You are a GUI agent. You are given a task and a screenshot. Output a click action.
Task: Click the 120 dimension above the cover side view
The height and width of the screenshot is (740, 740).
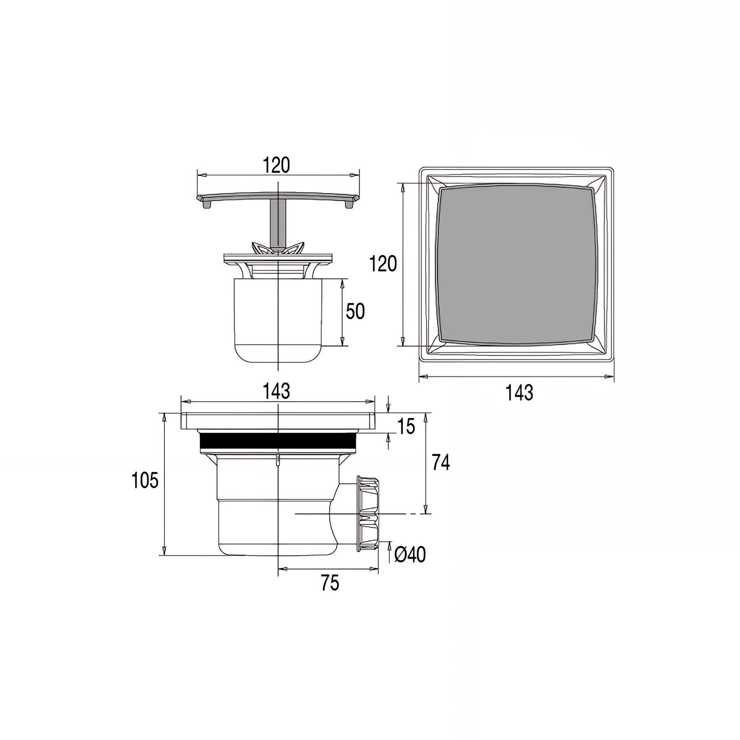click(x=277, y=165)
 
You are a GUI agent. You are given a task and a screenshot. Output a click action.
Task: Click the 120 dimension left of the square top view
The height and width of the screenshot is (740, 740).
click(x=383, y=264)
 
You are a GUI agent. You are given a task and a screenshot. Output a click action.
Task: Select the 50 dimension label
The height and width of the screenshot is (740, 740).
click(x=355, y=312)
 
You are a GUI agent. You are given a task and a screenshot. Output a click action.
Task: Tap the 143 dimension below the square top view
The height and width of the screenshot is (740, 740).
click(x=520, y=393)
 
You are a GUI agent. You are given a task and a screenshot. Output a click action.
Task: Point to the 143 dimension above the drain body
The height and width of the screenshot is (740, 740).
click(x=277, y=391)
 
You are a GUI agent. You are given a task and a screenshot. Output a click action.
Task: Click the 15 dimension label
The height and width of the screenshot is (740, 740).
click(x=407, y=427)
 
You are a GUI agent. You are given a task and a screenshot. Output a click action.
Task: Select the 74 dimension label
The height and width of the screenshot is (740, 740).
click(x=441, y=463)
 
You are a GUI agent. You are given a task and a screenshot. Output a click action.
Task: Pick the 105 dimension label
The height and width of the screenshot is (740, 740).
click(x=145, y=480)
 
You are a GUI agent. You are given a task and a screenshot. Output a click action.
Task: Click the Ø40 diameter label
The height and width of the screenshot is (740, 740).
click(x=410, y=555)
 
